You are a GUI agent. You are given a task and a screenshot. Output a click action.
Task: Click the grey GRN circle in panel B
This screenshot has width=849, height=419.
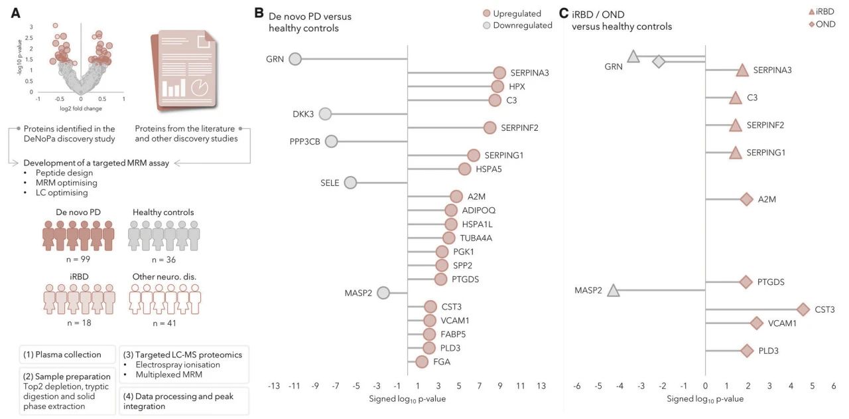point(295,59)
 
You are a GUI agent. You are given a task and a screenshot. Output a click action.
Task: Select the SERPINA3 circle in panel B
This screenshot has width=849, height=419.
point(499,73)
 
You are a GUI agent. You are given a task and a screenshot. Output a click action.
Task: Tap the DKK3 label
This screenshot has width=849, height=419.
point(302,114)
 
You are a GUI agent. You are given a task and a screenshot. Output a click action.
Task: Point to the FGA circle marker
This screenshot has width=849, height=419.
point(422,362)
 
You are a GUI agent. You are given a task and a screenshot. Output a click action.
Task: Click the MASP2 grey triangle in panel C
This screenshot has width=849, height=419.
point(614,290)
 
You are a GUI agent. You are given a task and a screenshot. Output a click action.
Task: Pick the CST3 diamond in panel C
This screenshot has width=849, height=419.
point(803,309)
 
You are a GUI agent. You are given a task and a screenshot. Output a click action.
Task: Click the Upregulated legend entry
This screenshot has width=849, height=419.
point(513,13)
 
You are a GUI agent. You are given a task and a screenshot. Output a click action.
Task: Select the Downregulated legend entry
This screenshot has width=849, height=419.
point(517,25)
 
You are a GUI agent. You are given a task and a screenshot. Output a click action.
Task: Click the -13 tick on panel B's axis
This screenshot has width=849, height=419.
point(274,386)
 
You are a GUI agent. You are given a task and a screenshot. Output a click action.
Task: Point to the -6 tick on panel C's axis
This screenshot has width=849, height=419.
point(577,386)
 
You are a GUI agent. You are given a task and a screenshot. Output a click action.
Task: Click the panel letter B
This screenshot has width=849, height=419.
point(259,13)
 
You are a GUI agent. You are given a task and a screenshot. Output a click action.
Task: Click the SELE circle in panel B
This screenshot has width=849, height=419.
point(351,183)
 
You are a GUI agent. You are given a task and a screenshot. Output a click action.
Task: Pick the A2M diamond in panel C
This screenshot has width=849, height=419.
point(746,199)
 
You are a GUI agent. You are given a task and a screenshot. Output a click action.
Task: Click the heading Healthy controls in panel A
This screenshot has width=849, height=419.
point(163,212)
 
